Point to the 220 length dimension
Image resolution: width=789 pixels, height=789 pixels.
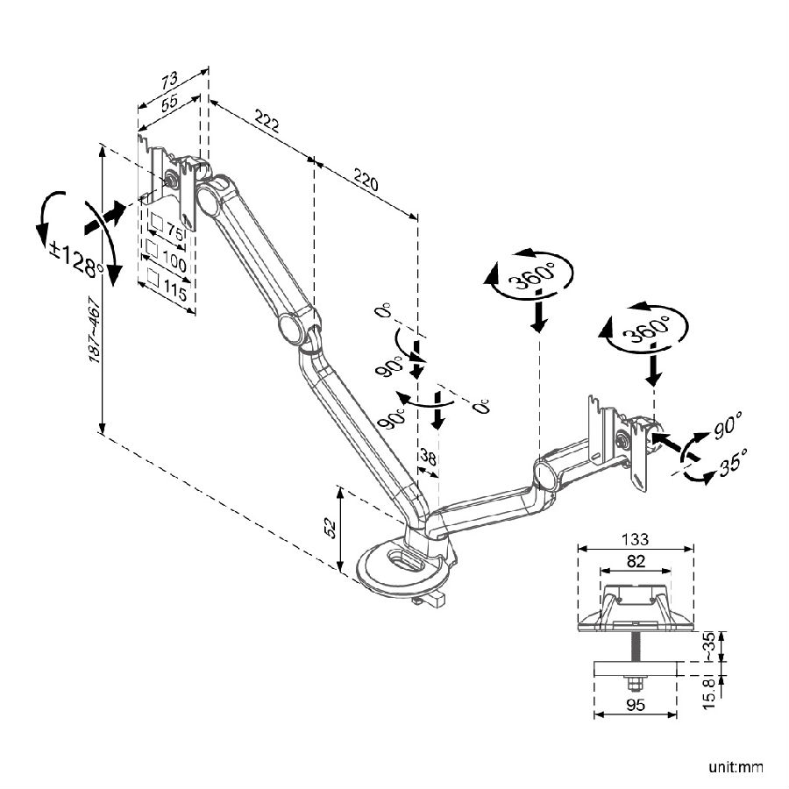click(366, 181)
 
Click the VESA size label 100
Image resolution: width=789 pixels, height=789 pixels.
click(174, 262)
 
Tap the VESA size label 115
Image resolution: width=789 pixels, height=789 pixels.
click(174, 292)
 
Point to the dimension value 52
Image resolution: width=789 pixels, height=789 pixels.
click(330, 526)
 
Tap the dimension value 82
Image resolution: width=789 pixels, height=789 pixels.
click(636, 560)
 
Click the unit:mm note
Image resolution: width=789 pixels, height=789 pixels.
click(736, 768)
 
